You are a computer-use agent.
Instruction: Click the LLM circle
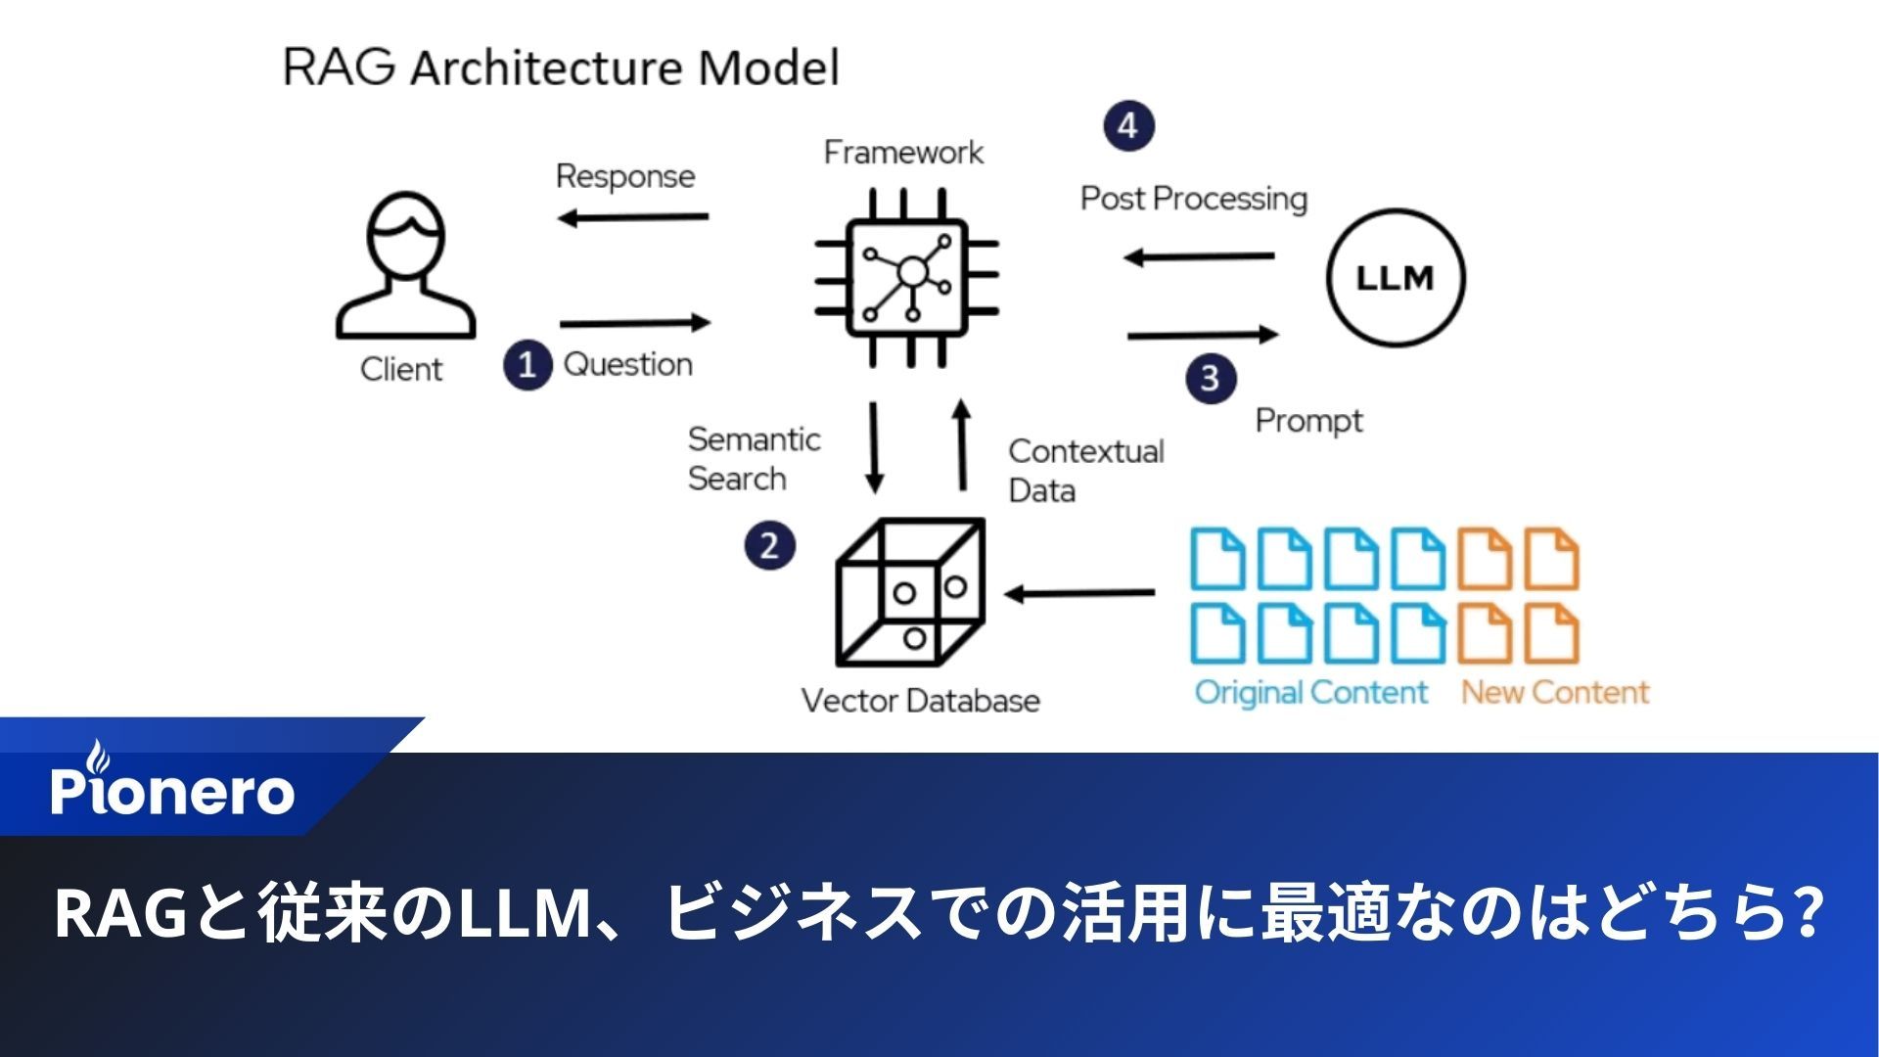1396,277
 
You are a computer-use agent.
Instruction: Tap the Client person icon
405,266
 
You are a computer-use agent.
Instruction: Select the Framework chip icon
907,278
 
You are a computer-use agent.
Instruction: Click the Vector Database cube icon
909,593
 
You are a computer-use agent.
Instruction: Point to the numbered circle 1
527,365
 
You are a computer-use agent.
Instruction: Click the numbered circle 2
769,545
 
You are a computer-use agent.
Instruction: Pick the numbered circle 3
1211,378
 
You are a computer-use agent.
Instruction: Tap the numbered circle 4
1128,126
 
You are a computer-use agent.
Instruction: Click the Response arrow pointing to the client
633,217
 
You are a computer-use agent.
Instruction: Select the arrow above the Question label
635,323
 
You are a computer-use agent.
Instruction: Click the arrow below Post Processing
1199,257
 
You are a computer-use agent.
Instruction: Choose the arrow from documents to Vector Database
1079,593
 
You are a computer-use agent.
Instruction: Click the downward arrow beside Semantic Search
874,447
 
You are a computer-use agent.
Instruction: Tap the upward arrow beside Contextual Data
962,445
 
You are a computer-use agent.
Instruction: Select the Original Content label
1310,693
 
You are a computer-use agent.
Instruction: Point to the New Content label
1554,693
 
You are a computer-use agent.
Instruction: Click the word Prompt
1308,421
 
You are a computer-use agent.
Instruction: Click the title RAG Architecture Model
561,69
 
